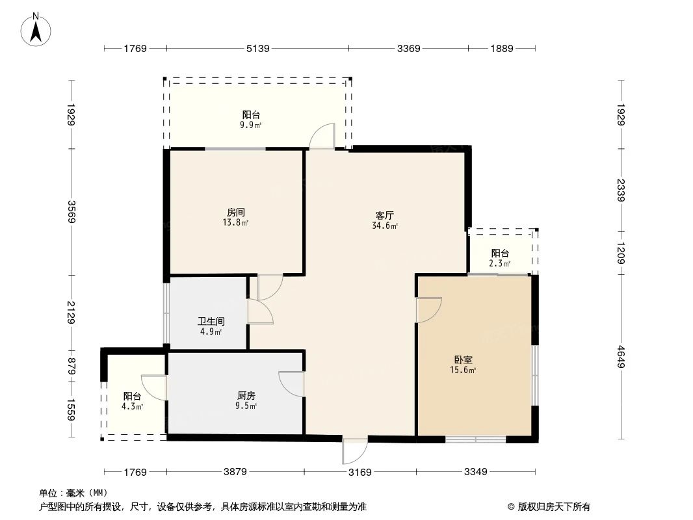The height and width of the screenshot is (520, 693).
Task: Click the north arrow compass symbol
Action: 36,29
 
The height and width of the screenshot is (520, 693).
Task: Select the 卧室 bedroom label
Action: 464,359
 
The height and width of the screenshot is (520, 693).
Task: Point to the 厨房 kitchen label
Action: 246,395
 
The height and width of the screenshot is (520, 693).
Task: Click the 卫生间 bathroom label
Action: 211,321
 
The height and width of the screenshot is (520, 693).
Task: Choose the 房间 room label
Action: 235,212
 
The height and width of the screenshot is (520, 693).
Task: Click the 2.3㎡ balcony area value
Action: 499,264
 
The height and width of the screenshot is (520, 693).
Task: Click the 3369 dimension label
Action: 408,48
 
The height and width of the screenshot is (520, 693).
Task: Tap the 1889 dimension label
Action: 501,48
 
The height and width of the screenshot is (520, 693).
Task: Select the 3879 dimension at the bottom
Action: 235,472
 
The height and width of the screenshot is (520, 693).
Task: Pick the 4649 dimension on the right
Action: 621,357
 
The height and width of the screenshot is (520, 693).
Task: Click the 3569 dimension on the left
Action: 71,212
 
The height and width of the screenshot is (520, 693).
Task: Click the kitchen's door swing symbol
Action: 292,383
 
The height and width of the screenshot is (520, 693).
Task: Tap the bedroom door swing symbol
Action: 429,309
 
